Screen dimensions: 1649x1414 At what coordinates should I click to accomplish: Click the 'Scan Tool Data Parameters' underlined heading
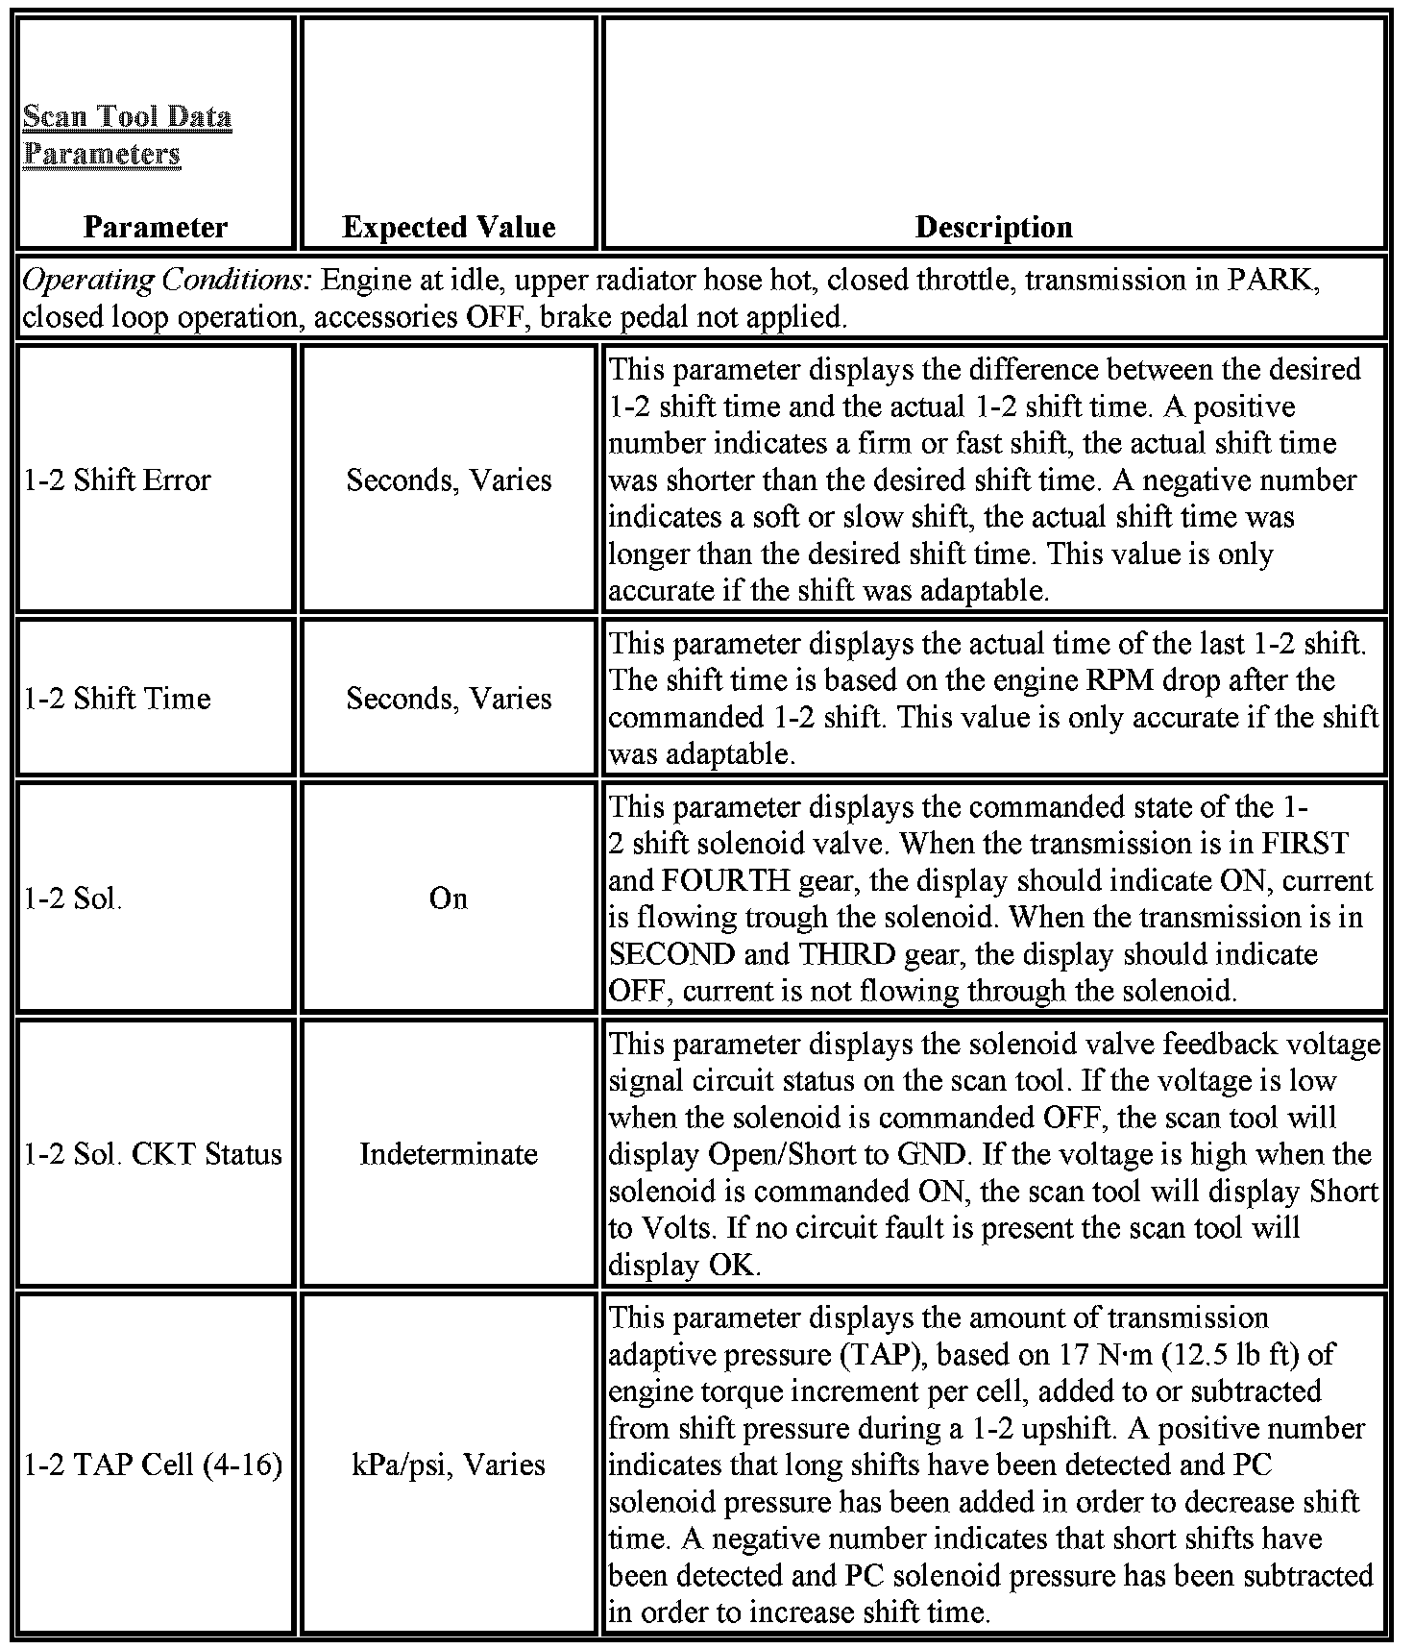[127, 135]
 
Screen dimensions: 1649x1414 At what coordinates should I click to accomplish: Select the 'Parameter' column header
[156, 227]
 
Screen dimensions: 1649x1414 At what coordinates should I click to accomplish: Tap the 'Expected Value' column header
[449, 227]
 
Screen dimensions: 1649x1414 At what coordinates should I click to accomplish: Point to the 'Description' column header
[993, 227]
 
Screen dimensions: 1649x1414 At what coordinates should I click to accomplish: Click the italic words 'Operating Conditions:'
[166, 281]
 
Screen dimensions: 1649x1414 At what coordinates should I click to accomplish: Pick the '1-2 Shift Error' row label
[117, 480]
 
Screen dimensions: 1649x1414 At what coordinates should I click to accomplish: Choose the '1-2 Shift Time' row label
[117, 698]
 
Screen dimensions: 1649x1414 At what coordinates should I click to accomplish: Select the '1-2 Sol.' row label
[73, 898]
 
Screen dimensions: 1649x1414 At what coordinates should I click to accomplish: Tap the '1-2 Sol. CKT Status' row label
[153, 1153]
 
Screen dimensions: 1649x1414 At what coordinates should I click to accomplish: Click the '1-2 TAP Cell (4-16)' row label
[153, 1464]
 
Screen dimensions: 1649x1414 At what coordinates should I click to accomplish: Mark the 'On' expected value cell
[449, 898]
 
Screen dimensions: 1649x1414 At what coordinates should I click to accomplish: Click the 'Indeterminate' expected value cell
[449, 1153]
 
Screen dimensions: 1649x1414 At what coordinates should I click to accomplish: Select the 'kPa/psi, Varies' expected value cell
[449, 1464]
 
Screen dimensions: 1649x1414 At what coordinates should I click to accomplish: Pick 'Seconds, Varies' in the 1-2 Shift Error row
[449, 480]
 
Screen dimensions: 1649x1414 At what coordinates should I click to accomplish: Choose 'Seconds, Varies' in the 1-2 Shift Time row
[449, 698]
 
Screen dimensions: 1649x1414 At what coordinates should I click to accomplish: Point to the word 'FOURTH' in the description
[737, 881]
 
